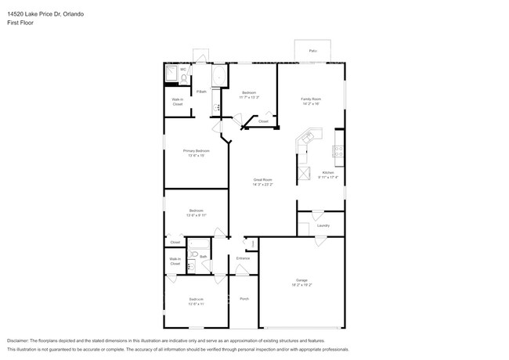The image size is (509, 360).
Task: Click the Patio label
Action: click(312, 51)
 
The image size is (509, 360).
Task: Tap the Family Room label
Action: click(311, 99)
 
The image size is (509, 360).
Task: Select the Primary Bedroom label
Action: click(196, 150)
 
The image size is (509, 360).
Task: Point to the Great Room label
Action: click(262, 179)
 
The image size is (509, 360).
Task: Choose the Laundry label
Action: click(323, 225)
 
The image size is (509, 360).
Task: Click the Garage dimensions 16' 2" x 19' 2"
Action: click(302, 285)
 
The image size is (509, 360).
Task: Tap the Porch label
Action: click(244, 298)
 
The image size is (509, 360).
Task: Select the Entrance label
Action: click(243, 257)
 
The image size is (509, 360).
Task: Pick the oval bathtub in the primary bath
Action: click(218, 76)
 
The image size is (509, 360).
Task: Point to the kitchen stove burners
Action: click(338, 152)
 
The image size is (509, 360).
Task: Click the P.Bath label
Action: click(201, 92)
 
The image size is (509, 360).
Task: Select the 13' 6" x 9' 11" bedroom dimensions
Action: click(196, 214)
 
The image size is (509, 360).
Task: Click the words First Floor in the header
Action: click(20, 23)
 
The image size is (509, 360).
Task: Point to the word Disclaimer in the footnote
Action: click(21, 341)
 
